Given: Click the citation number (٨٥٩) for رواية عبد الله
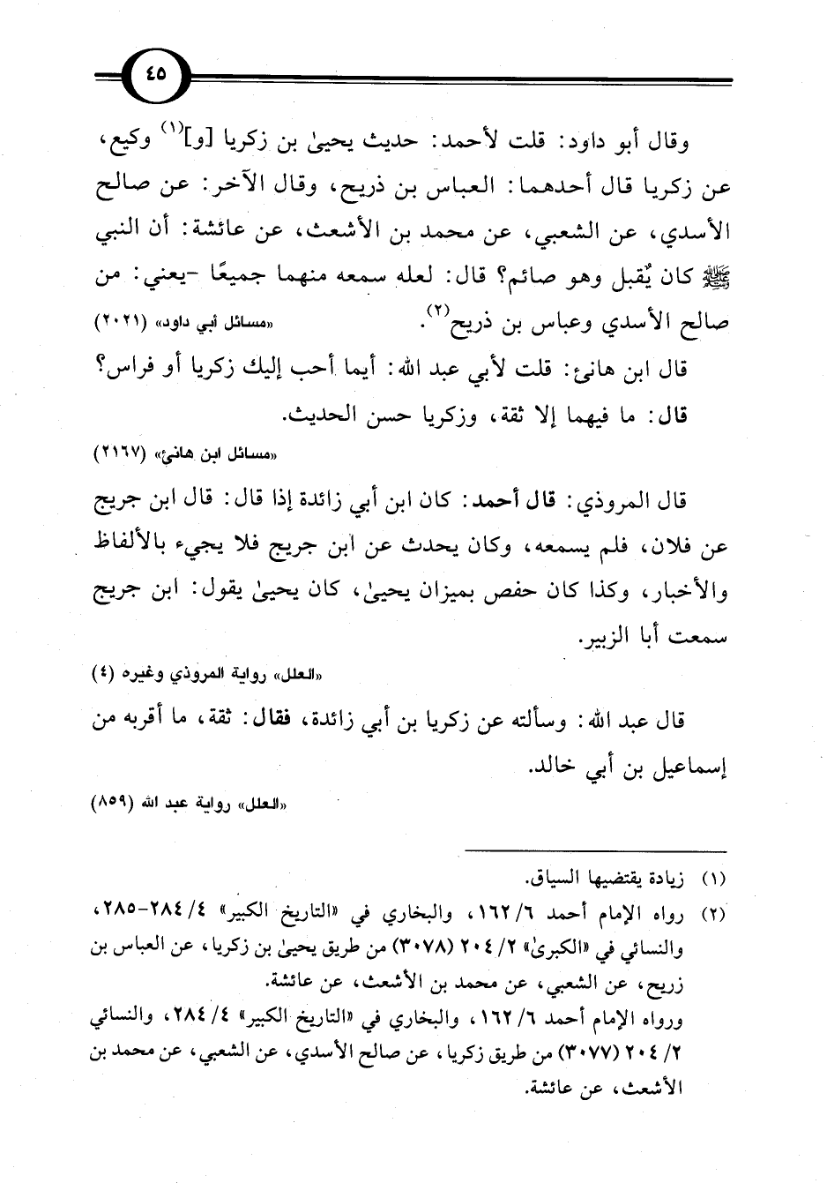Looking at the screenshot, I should pyautogui.click(x=123, y=805).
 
